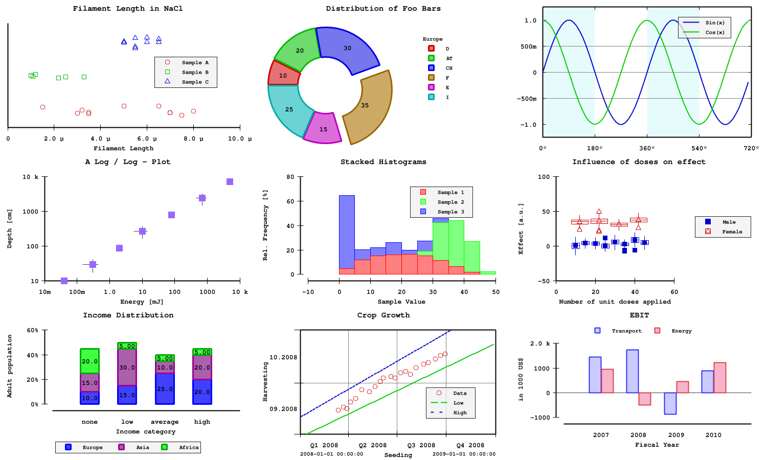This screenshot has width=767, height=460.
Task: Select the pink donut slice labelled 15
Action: pos(322,128)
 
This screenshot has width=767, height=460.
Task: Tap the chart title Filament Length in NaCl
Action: pos(127,9)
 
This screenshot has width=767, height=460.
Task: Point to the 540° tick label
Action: pos(699,148)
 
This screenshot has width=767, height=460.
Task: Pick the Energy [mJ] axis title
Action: pos(142,302)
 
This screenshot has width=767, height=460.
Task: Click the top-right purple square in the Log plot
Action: pos(230,182)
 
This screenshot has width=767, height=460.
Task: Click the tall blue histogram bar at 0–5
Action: pos(347,230)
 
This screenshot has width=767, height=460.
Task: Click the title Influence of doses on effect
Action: pos(639,162)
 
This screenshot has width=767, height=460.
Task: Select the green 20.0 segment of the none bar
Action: pos(89,361)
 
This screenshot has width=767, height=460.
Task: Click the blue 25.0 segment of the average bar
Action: pos(165,388)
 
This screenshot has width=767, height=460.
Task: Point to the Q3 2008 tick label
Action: pos(421,445)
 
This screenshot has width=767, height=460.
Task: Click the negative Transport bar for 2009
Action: pos(670,403)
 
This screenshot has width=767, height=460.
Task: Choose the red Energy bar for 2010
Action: pos(719,377)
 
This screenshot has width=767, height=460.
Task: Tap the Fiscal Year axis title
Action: pos(657,445)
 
